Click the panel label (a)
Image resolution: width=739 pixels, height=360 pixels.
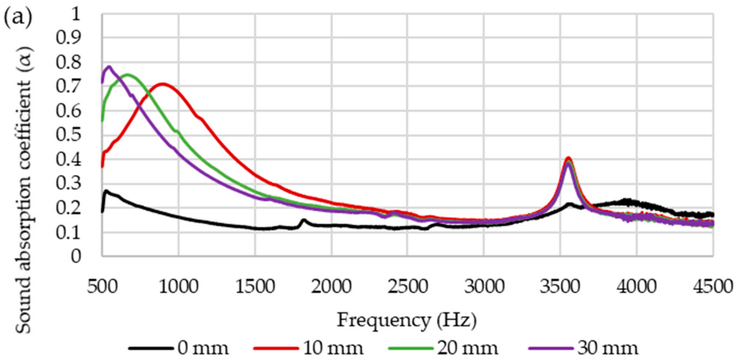click(18, 18)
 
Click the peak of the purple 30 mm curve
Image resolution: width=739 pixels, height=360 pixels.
click(109, 67)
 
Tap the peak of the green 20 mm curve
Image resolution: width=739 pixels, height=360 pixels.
click(128, 75)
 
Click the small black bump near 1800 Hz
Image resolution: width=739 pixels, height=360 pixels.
click(304, 220)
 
